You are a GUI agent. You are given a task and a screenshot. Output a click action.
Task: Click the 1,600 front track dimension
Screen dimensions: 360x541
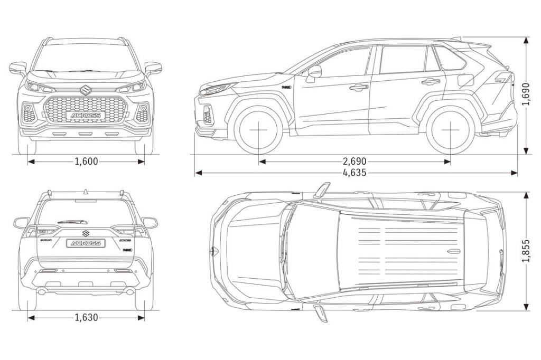click(x=86, y=162)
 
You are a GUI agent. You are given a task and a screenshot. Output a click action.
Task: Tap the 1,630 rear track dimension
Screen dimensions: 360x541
click(x=86, y=318)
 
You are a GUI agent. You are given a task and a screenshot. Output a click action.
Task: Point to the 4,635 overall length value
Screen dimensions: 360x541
click(x=355, y=173)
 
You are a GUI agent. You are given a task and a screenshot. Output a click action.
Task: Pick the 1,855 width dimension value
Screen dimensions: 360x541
click(x=526, y=251)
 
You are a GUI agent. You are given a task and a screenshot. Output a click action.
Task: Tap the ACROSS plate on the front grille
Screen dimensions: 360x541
click(x=86, y=114)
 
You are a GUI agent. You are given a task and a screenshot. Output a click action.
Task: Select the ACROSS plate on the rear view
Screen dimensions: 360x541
click(x=86, y=243)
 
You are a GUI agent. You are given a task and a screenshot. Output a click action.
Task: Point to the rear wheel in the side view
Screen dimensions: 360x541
click(x=450, y=129)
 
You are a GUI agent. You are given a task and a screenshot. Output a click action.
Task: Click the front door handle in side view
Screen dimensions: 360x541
click(x=359, y=87)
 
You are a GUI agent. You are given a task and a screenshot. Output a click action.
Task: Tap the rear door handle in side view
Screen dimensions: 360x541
click(x=431, y=81)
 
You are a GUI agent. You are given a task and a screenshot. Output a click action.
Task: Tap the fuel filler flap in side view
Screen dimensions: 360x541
click(x=465, y=81)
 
